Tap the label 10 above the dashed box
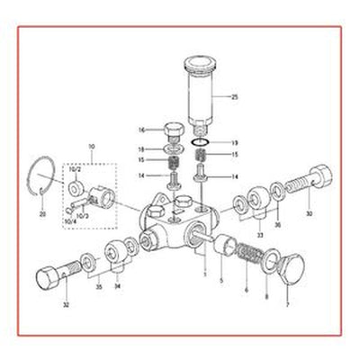coord(90,145)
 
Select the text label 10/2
coord(76,168)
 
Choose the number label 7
coord(288,306)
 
